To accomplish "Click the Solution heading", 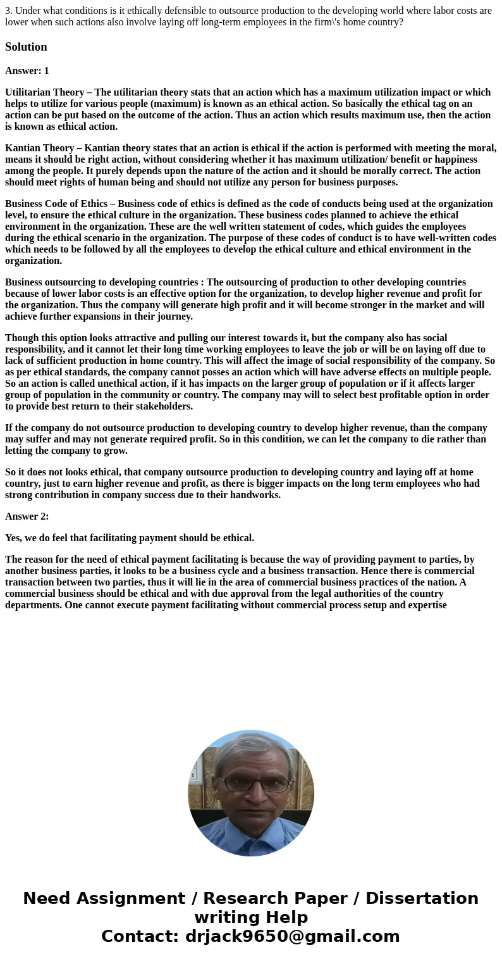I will [26, 47].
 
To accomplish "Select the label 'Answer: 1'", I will [27, 71].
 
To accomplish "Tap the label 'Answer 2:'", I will [27, 516].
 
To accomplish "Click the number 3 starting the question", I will [8, 11].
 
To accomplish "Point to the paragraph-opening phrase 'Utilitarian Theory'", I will [44, 92].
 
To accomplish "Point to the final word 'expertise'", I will [425, 605].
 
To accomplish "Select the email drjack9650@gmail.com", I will [292, 937].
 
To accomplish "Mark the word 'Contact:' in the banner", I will [140, 937].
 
